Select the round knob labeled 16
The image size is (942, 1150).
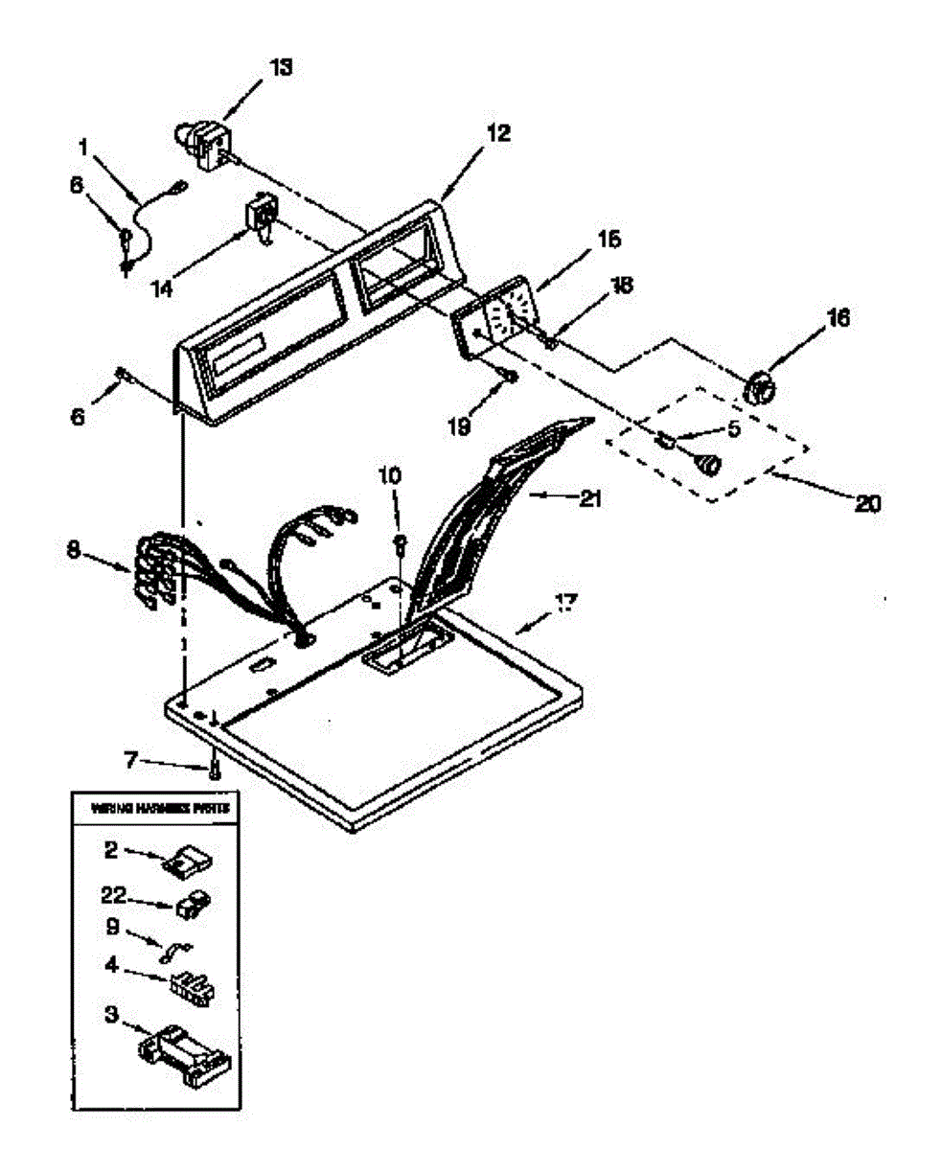click(x=762, y=388)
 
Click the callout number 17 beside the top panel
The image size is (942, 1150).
click(x=565, y=604)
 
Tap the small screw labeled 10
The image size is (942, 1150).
click(x=402, y=543)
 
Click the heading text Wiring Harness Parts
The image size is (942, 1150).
click(x=159, y=809)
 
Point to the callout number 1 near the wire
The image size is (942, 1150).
click(x=84, y=149)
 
